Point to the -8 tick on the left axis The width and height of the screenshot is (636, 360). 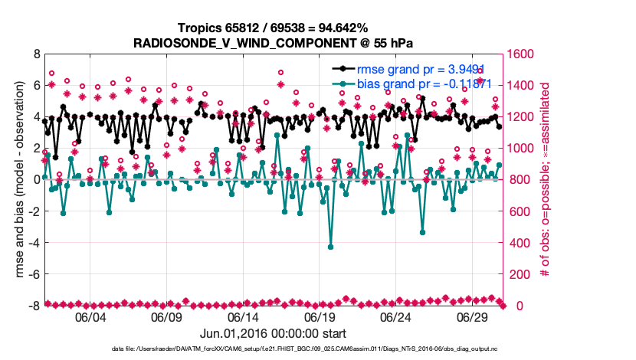[33, 306]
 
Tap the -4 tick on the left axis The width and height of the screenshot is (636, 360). [33, 244]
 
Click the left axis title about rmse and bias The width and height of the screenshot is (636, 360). [15, 180]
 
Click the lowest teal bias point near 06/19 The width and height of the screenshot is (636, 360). [331, 247]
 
